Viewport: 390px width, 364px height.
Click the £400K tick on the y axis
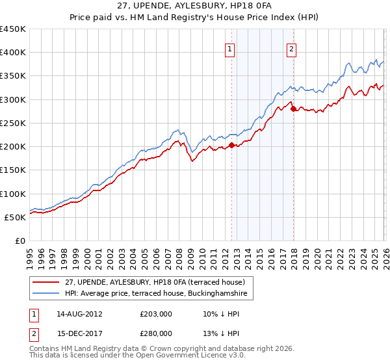click(13, 53)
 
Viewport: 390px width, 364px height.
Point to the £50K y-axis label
click(16, 217)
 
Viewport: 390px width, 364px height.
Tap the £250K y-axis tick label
click(13, 123)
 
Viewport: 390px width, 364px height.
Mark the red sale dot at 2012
click(231, 146)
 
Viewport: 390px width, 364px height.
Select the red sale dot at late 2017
click(293, 109)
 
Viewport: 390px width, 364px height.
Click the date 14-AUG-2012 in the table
click(80, 314)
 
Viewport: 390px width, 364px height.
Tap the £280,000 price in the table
click(157, 333)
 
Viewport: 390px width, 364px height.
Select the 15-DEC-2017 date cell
click(80, 333)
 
